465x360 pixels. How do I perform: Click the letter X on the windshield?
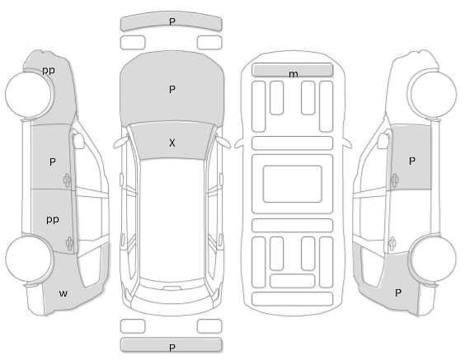click(172, 143)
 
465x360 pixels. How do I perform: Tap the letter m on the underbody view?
click(294, 74)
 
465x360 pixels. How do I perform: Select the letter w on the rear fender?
click(63, 293)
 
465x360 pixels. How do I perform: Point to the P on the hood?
click(172, 89)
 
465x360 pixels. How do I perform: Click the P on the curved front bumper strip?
click(172, 21)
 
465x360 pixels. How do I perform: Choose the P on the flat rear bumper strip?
click(172, 348)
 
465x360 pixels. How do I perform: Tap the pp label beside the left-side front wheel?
click(49, 71)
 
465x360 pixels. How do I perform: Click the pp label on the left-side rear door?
click(53, 220)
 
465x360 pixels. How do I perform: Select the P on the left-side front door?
click(53, 161)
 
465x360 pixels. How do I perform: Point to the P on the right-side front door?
click(412, 161)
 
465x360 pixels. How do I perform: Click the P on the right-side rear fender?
click(398, 293)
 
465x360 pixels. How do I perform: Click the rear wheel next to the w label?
click(30, 259)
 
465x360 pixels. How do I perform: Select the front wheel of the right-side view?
click(433, 94)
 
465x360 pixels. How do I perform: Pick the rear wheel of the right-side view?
click(433, 259)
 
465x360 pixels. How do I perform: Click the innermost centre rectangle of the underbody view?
click(293, 185)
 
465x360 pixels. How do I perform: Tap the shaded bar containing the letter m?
click(293, 70)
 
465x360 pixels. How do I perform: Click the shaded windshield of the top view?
click(172, 141)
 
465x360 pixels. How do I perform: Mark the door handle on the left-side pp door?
click(69, 243)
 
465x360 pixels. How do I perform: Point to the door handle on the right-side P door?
click(394, 180)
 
